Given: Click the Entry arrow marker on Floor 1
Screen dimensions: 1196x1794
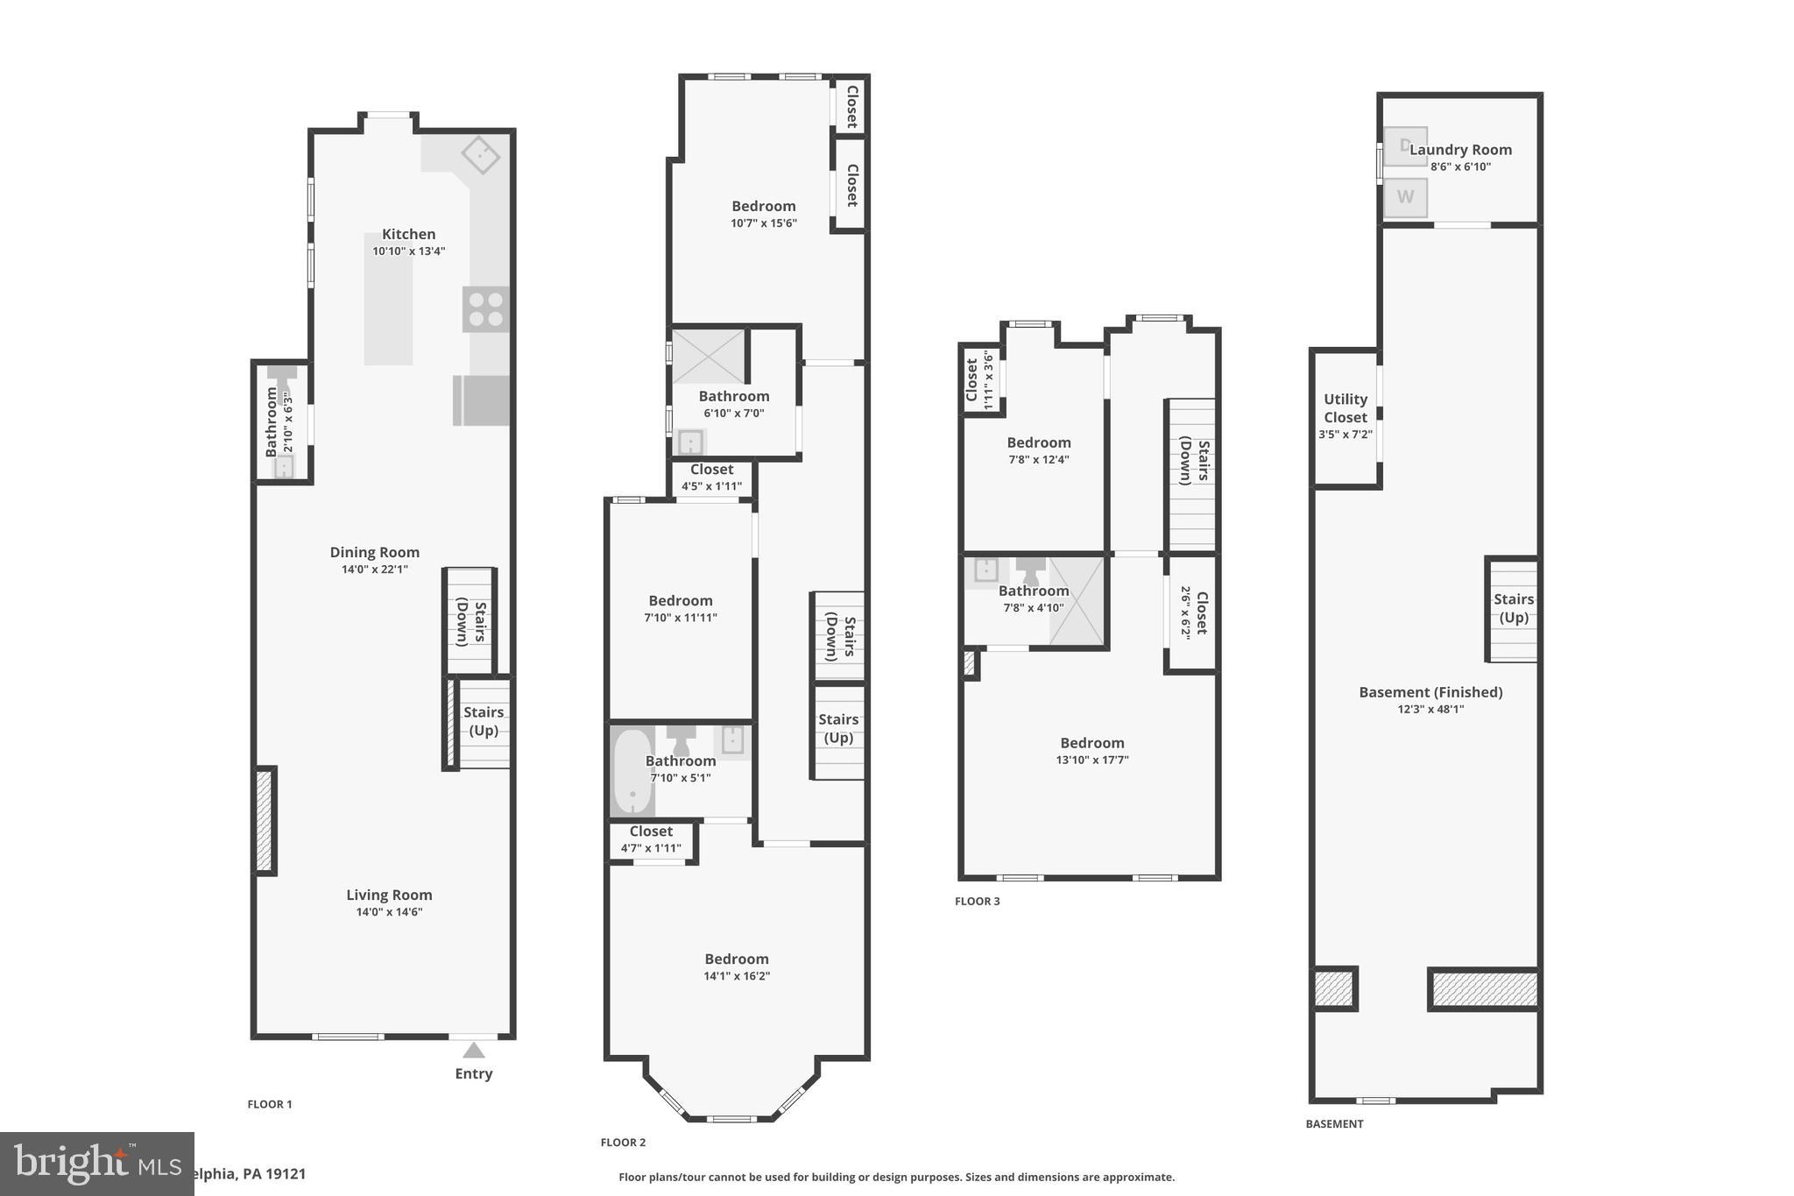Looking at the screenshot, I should pos(473,1050).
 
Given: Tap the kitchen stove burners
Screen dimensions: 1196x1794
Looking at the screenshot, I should pos(485,309).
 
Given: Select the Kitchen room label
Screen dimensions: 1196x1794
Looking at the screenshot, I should pos(408,235).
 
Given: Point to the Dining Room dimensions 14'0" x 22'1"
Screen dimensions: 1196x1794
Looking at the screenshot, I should pos(375,570).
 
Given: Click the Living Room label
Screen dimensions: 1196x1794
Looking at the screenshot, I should pos(389,895).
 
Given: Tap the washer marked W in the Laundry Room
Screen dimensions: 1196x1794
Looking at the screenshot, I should pos(1405,197).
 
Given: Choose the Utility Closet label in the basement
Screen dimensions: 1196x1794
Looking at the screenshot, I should pos(1345,408).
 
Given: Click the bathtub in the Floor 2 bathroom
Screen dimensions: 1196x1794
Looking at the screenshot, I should pos(632,771).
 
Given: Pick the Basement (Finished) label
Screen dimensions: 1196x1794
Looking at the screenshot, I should pos(1430,692).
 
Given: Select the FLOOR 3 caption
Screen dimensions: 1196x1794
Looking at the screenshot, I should pos(977,901).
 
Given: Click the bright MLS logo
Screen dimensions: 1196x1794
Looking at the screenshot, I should pos(96,1164).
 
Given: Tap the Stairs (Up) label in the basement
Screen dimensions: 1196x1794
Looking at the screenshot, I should pos(1513,608).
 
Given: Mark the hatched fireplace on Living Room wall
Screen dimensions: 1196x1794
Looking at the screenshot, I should pos(265,819).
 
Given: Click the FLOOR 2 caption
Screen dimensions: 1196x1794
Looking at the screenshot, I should pos(623,1142).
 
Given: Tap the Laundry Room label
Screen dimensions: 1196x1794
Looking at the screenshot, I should pos(1460,150).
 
